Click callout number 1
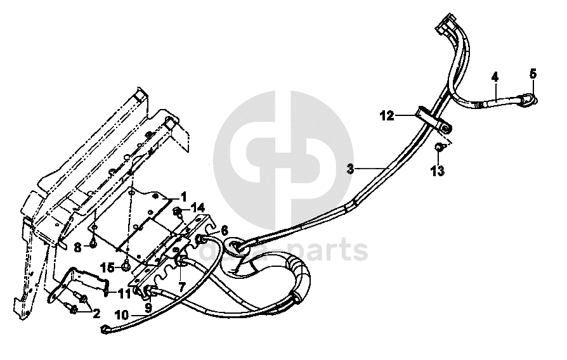[184, 196]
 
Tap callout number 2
[96, 313]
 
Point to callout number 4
[495, 77]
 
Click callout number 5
[533, 74]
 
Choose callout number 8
[78, 245]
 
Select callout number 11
[124, 293]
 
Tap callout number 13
[438, 170]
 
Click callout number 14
[198, 207]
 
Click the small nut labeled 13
[438, 148]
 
